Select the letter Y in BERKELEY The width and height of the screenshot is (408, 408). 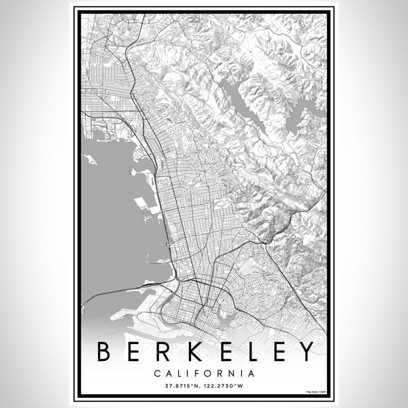307,351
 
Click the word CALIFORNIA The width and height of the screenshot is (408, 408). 204,373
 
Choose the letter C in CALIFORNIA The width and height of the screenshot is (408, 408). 158,373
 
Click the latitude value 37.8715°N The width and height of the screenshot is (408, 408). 178,387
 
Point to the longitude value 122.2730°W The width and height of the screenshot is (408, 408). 230,387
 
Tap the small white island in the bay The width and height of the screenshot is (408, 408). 89,160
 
